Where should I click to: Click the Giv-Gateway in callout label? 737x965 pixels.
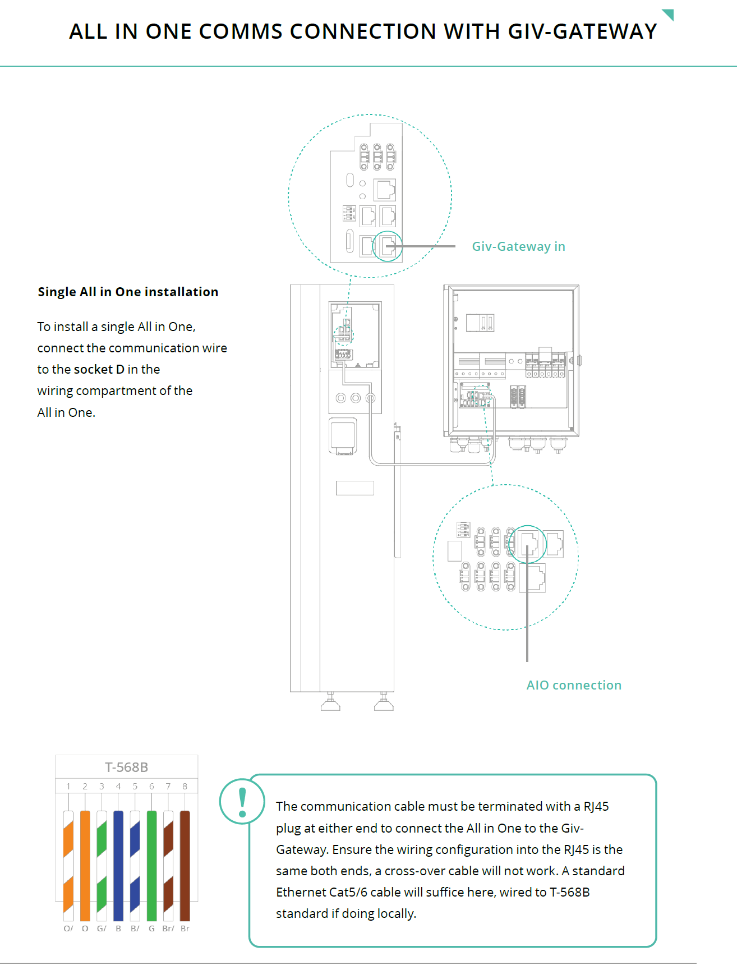(518, 246)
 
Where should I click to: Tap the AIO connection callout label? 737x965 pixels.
(574, 685)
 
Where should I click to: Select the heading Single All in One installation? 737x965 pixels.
(128, 292)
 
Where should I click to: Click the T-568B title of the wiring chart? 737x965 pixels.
(127, 767)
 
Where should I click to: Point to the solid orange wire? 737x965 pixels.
(85, 865)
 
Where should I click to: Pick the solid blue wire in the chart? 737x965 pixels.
(118, 865)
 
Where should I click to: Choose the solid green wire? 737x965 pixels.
(151, 865)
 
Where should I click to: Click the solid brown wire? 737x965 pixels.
(185, 865)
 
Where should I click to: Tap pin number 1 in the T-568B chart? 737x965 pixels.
(68, 787)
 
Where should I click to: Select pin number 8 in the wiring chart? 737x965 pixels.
(185, 787)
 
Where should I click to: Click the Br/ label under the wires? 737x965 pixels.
(168, 929)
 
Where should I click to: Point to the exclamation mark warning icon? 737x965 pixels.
(242, 801)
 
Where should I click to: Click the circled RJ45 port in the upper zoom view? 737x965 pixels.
(388, 246)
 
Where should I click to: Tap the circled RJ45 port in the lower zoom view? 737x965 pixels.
(528, 544)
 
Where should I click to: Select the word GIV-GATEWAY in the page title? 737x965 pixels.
(582, 31)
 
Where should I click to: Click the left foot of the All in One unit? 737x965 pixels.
(330, 703)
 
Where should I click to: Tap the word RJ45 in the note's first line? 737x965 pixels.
(596, 806)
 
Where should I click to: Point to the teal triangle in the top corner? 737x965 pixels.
(669, 13)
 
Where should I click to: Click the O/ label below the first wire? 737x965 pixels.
(68, 929)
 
